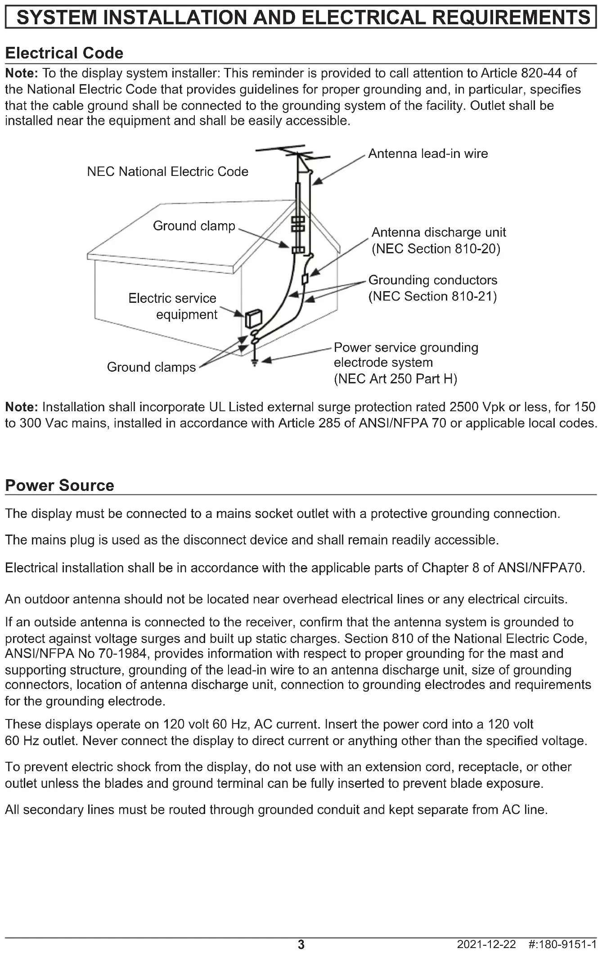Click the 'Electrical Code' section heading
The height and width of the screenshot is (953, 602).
[x=64, y=53]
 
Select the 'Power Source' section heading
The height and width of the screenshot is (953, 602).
[x=59, y=485]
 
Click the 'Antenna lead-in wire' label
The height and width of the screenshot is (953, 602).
[x=428, y=154]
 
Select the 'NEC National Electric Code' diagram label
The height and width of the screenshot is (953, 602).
[x=167, y=171]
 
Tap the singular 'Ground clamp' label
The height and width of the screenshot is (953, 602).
[x=194, y=226]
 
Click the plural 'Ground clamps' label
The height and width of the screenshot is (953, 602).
[x=151, y=367]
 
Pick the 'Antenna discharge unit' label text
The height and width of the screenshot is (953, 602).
[x=439, y=233]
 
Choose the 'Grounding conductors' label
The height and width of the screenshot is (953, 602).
[x=433, y=280]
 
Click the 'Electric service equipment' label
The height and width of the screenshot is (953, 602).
[x=173, y=306]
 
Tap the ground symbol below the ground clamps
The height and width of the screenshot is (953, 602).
[x=255, y=362]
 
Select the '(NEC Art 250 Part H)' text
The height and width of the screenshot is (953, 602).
[x=395, y=379]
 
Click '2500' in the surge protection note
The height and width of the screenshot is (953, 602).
[x=464, y=407]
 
